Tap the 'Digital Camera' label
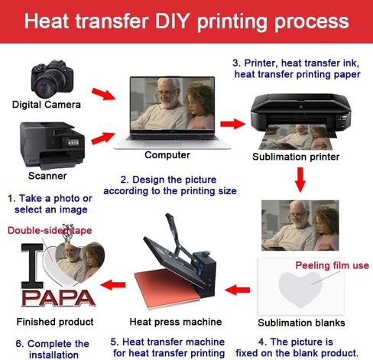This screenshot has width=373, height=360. [x=47, y=105]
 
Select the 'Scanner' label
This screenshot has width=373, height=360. [x=47, y=176]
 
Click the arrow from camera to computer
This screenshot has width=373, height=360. [x=104, y=94]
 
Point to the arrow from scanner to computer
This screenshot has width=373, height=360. [x=103, y=138]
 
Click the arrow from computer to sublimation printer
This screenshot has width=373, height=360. [x=233, y=124]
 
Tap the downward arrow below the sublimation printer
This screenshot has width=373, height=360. [x=300, y=180]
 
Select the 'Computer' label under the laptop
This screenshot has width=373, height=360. [x=167, y=155]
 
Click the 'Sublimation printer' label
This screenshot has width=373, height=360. [x=296, y=157]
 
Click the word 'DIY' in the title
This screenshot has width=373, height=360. [x=173, y=21]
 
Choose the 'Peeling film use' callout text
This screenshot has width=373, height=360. [x=332, y=265]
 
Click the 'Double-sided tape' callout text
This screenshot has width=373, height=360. [x=50, y=230]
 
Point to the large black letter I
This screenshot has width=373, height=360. [x=32, y=266]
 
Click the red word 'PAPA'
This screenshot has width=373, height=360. [x=58, y=297]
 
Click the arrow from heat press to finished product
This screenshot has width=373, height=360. [x=113, y=284]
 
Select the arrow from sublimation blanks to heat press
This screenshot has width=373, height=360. [x=238, y=290]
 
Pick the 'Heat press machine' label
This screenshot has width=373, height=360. [x=176, y=322]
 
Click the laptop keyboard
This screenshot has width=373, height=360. [x=173, y=138]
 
